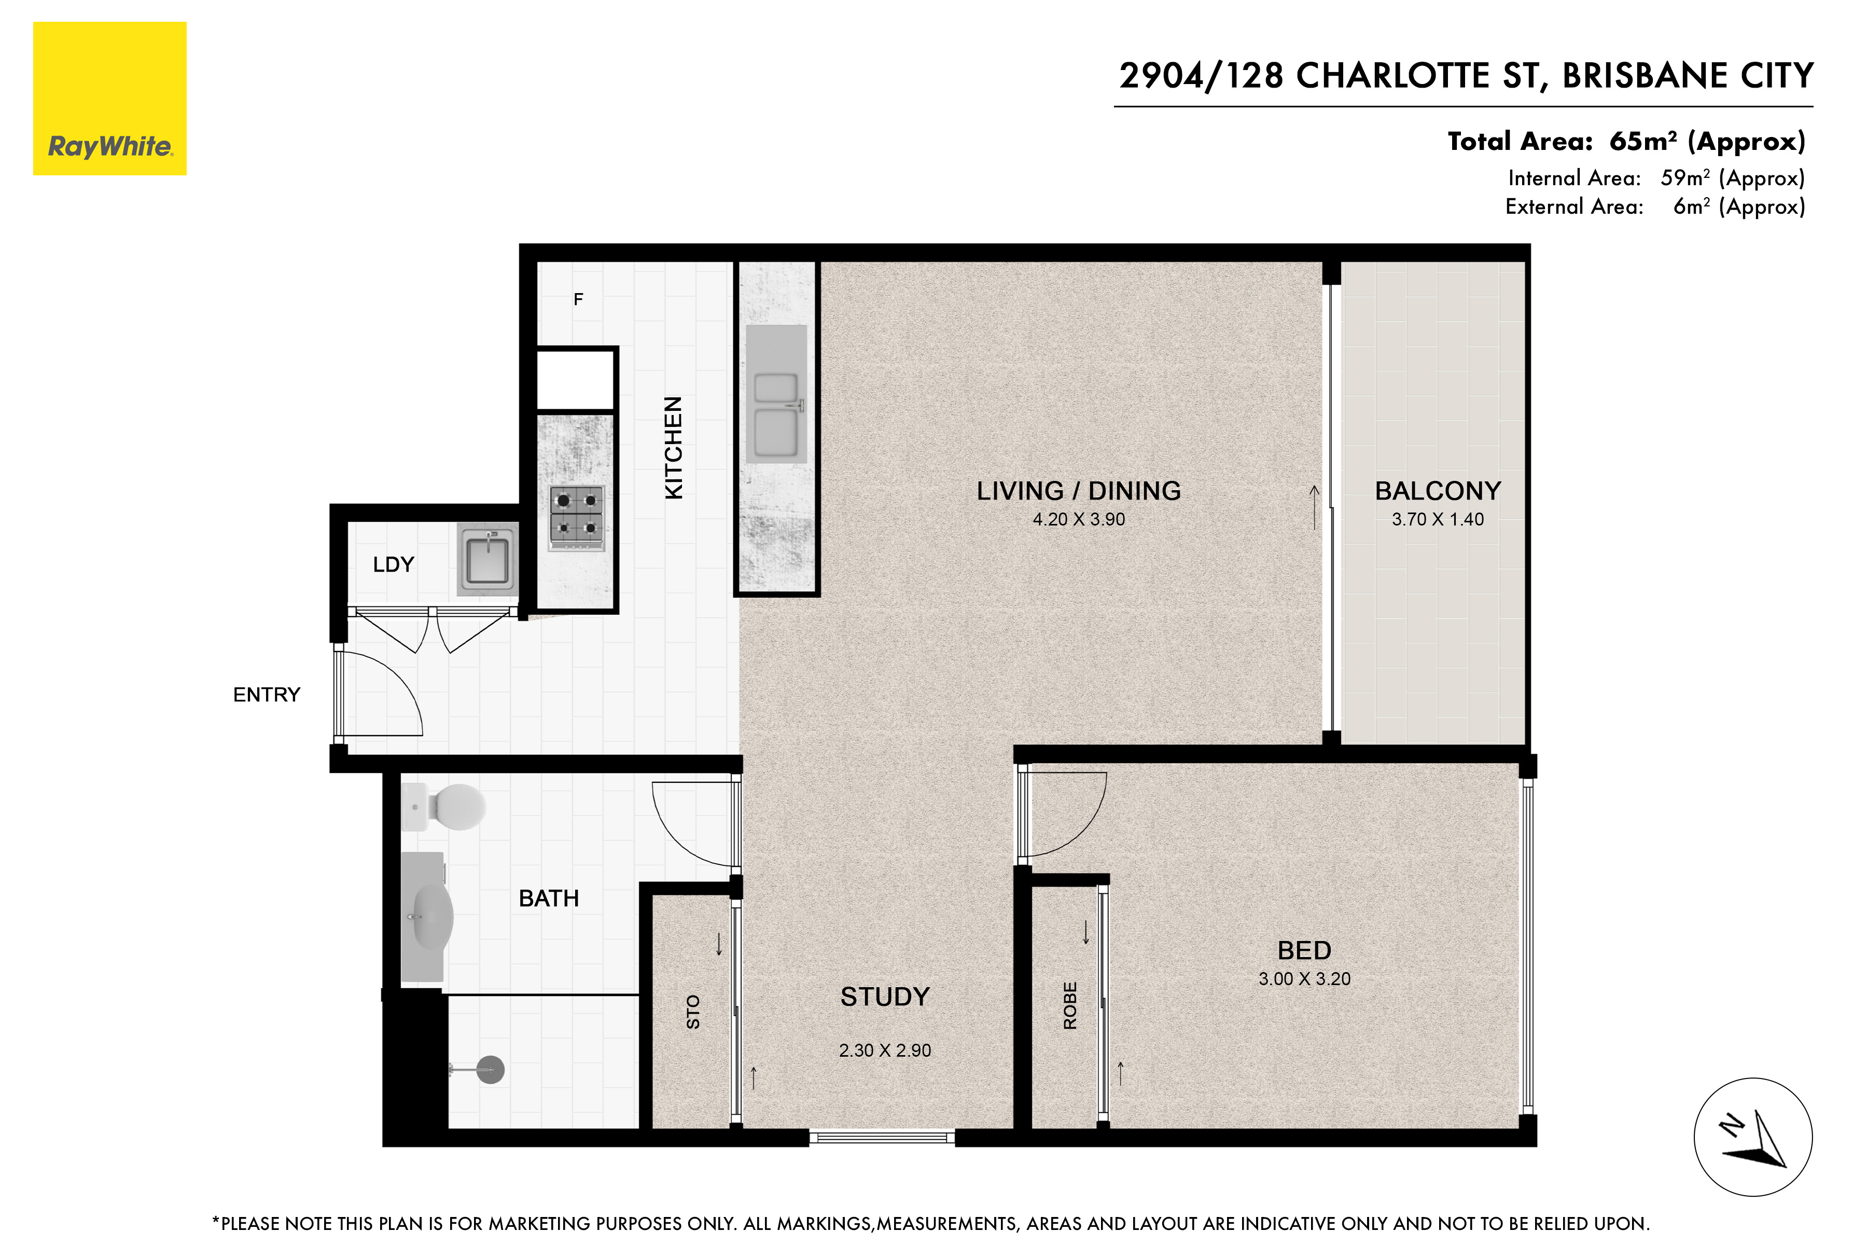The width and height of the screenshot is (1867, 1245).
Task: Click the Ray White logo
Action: pyautogui.click(x=109, y=99)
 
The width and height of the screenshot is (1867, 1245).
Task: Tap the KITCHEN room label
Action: pyautogui.click(x=673, y=448)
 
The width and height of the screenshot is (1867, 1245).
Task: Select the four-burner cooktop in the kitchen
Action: pyautogui.click(x=576, y=517)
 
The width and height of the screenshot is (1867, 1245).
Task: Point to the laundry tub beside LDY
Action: pyautogui.click(x=487, y=559)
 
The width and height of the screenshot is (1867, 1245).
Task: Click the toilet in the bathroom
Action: pyautogui.click(x=444, y=807)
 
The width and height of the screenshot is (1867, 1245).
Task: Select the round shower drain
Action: pyautogui.click(x=491, y=1070)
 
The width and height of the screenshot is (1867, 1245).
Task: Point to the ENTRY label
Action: pyautogui.click(x=267, y=695)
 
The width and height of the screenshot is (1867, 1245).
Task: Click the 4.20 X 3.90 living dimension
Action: pyautogui.click(x=1079, y=519)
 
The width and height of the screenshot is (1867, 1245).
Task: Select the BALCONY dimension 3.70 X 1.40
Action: pyautogui.click(x=1438, y=519)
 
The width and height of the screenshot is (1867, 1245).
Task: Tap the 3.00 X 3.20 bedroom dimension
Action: pyautogui.click(x=1304, y=979)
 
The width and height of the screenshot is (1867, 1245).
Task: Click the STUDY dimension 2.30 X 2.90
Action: pyautogui.click(x=885, y=1050)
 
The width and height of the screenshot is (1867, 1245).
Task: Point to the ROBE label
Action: pyautogui.click(x=1070, y=1006)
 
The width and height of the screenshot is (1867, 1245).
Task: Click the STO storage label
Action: pyautogui.click(x=693, y=1013)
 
